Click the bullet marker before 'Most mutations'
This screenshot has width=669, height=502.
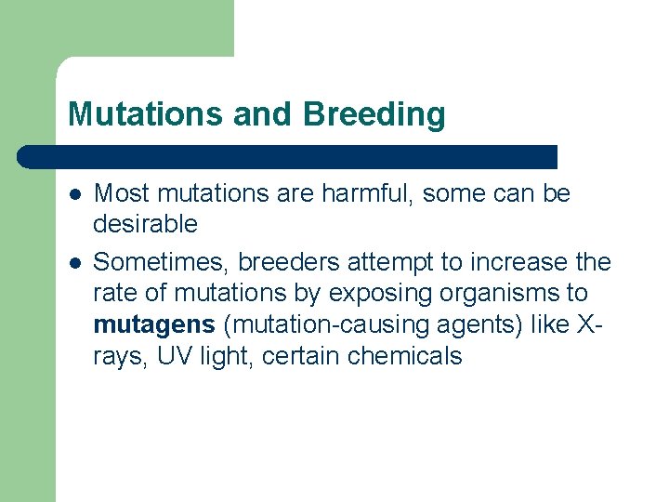[74, 194]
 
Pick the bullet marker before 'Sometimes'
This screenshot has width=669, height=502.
[74, 263]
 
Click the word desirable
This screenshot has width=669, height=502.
[145, 223]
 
